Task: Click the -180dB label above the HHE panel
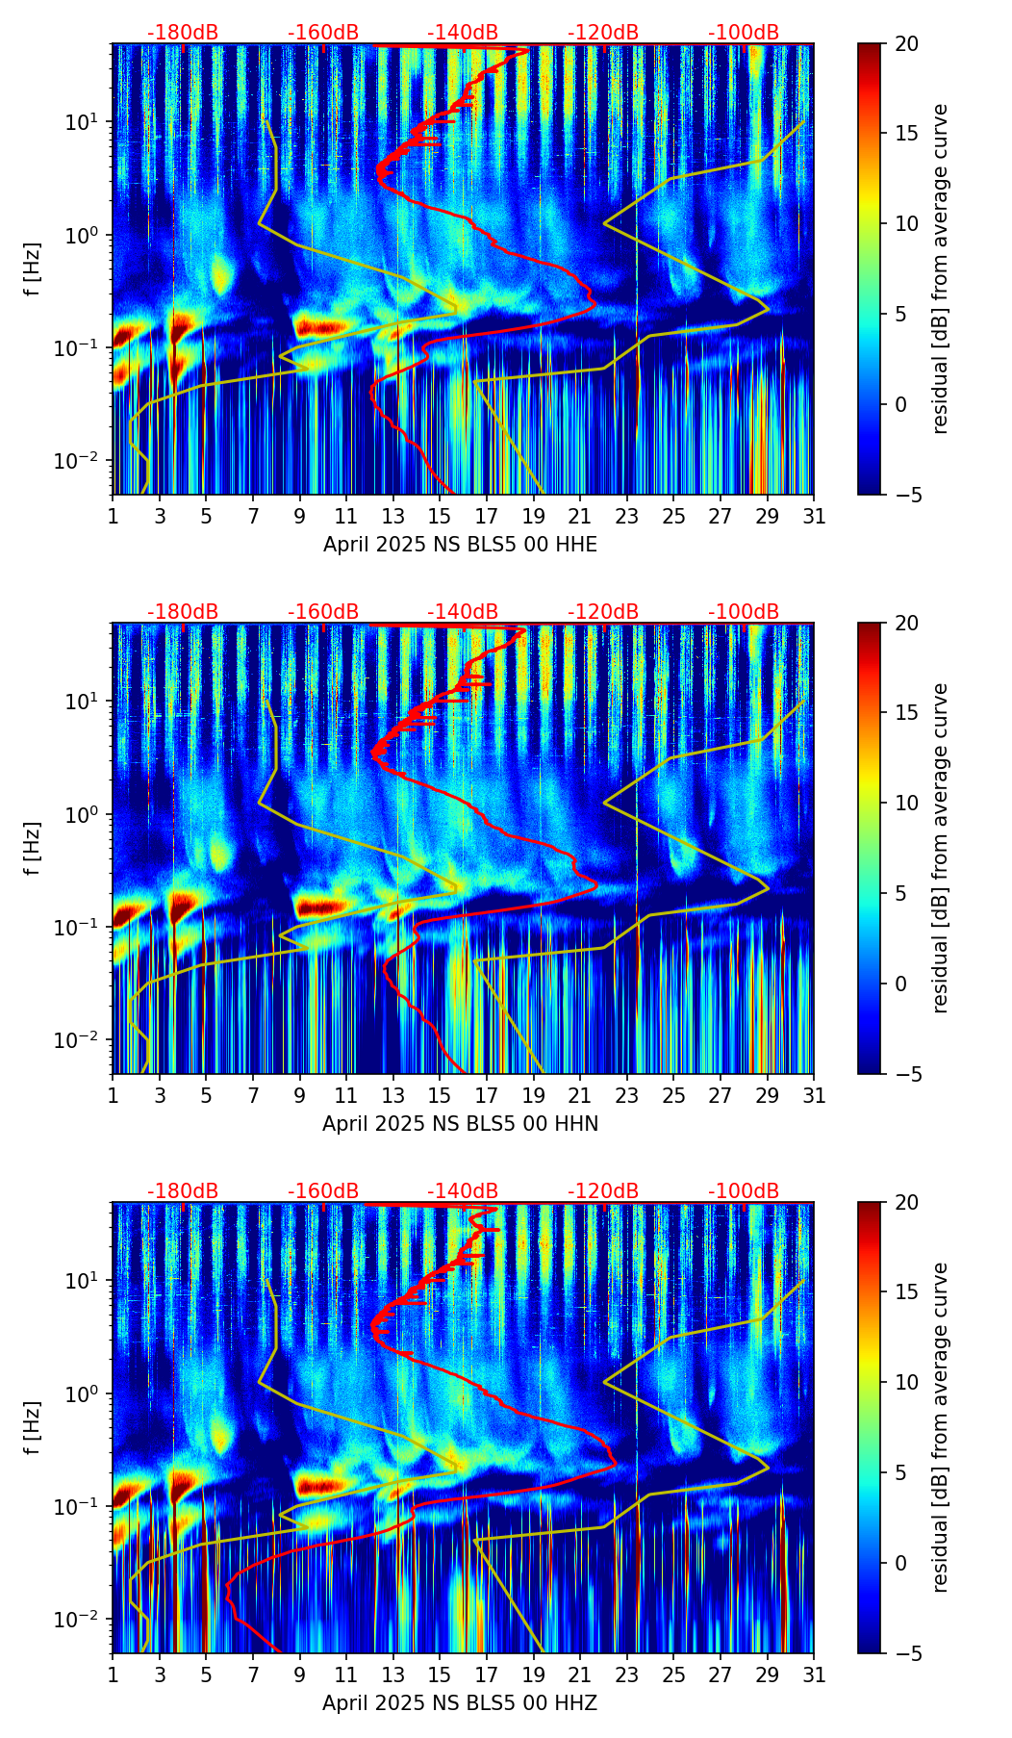click(x=183, y=33)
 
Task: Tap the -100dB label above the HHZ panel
click(x=744, y=1191)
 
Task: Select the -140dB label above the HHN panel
click(x=463, y=612)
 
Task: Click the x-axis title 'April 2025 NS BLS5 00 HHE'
click(x=460, y=545)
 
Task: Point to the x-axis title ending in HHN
click(x=460, y=1123)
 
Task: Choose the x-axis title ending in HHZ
click(x=460, y=1702)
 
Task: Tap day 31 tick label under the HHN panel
click(x=814, y=1095)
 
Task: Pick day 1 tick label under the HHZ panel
click(x=114, y=1674)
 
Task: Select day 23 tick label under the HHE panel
click(x=627, y=517)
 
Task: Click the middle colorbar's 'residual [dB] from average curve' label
click(x=941, y=848)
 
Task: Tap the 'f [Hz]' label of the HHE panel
click(x=33, y=269)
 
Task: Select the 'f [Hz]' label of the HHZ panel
click(x=33, y=1427)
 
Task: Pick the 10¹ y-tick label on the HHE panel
click(x=87, y=122)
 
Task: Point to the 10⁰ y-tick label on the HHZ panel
click(x=87, y=1393)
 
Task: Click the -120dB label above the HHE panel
click(x=603, y=33)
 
